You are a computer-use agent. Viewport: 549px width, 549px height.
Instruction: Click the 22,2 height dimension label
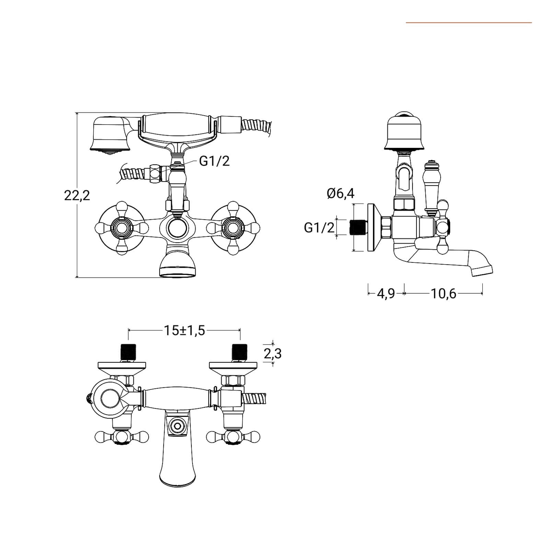pyautogui.click(x=77, y=195)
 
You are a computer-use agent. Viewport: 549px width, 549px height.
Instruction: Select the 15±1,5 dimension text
pyautogui.click(x=184, y=330)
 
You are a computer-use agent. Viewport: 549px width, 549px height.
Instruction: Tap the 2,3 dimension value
pyautogui.click(x=273, y=353)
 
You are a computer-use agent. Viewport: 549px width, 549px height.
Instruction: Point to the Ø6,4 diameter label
pyautogui.click(x=340, y=194)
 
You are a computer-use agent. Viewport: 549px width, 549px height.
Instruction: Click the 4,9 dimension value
pyautogui.click(x=386, y=294)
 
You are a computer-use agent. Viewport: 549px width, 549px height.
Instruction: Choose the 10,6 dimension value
pyautogui.click(x=443, y=294)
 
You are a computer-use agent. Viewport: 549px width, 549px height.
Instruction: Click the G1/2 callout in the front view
pyautogui.click(x=214, y=161)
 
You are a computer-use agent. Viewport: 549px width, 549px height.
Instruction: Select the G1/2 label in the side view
pyautogui.click(x=319, y=227)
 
